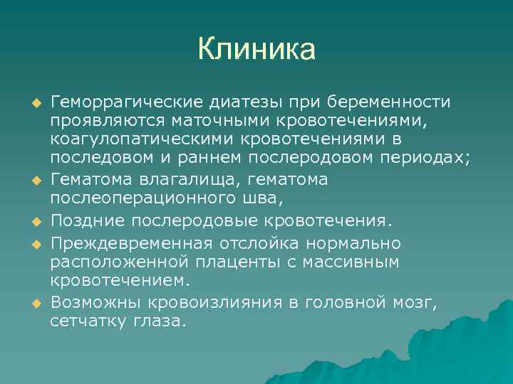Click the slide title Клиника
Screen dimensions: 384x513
tap(256, 50)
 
